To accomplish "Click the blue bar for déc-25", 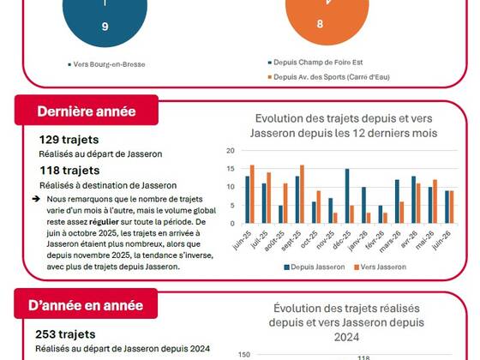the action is pos(347,196).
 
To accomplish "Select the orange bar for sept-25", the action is pos(302,194).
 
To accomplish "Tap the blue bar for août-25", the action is pos(281,214).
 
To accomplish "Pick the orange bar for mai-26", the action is pos(435,201).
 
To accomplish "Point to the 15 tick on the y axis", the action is pos(231,169).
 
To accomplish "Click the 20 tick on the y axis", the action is pos(231,151).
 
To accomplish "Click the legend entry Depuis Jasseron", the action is pos(315,267).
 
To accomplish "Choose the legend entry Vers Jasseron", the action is pos(381,267).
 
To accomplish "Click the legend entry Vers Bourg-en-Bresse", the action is pos(106,64).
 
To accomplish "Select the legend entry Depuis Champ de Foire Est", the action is pos(315,63).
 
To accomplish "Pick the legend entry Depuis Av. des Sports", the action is pos(329,77).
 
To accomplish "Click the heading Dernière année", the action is pos(87,111).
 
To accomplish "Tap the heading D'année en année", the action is pos(86,305).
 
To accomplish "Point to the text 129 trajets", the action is pos(69,140).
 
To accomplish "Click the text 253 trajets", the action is pos(65,334).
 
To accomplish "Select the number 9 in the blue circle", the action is pos(105,27).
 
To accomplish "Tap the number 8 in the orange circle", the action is pos(320,24).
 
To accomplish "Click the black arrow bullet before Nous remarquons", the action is pos(36,199).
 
